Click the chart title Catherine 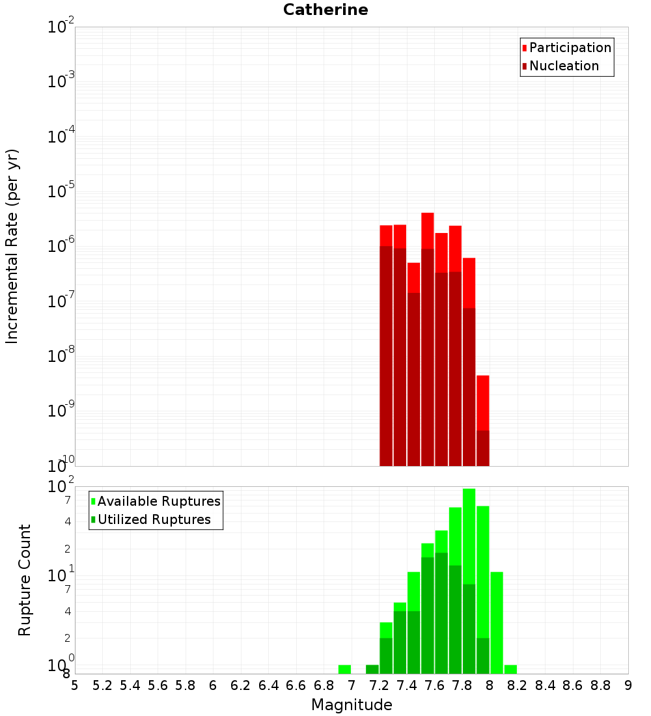click(325, 10)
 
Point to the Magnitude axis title click(352, 705)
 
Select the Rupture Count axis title click(25, 580)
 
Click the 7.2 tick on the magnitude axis click(379, 685)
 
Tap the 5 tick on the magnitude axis click(75, 685)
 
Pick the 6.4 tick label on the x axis click(268, 685)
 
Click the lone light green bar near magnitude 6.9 click(345, 669)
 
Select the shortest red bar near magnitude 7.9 click(482, 404)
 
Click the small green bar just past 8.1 click(510, 669)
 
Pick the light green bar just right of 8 click(497, 618)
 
